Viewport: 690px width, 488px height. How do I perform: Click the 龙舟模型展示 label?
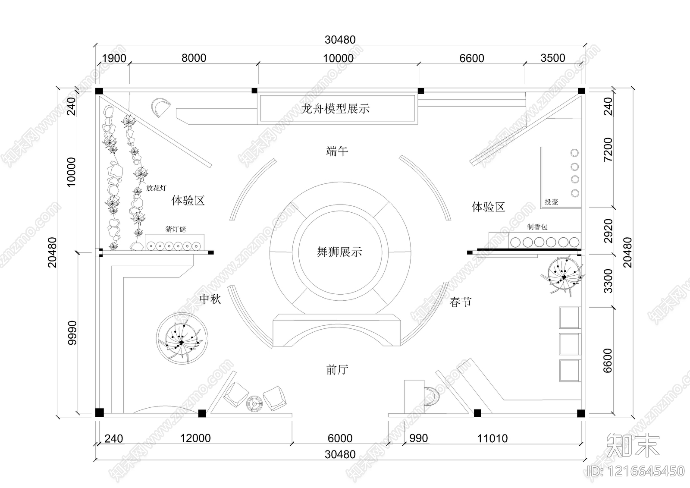(336, 109)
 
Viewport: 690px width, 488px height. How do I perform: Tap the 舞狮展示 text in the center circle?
(339, 252)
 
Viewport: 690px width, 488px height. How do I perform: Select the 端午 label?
(337, 151)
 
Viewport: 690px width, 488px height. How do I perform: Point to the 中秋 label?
(210, 299)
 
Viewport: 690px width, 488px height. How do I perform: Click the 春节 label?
(461, 302)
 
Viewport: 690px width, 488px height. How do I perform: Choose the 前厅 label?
(337, 370)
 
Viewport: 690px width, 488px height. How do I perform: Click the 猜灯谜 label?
(176, 229)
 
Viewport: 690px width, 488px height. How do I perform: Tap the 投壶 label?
(551, 201)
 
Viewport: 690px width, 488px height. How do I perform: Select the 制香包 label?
(537, 227)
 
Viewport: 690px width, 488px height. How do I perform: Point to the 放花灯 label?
(156, 188)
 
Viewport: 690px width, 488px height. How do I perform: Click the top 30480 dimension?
(340, 40)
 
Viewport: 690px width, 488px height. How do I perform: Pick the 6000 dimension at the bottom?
(340, 438)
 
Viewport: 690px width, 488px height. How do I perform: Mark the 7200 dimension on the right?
(608, 150)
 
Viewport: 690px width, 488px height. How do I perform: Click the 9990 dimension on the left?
(72, 333)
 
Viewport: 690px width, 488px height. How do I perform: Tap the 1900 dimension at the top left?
(114, 58)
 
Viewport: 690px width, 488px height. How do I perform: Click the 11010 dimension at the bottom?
(492, 439)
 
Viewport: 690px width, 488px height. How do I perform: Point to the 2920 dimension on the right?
(608, 231)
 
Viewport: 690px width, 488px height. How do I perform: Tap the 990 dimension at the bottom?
(418, 439)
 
